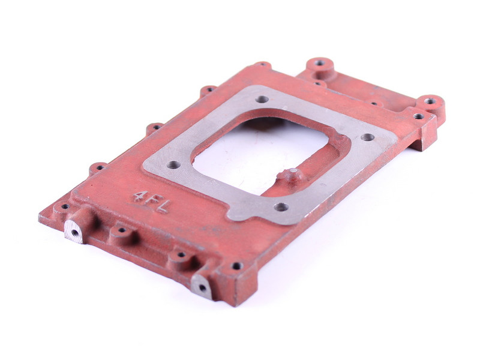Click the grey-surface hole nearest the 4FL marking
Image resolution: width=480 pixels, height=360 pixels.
[x=174, y=164]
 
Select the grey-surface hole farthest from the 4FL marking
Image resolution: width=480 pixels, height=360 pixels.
[x=367, y=137]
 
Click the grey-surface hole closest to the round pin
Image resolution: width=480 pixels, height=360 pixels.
[x=281, y=207]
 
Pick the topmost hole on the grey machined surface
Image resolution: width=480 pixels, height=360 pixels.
[x=262, y=99]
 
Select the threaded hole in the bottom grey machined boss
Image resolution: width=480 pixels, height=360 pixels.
[x=202, y=288]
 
